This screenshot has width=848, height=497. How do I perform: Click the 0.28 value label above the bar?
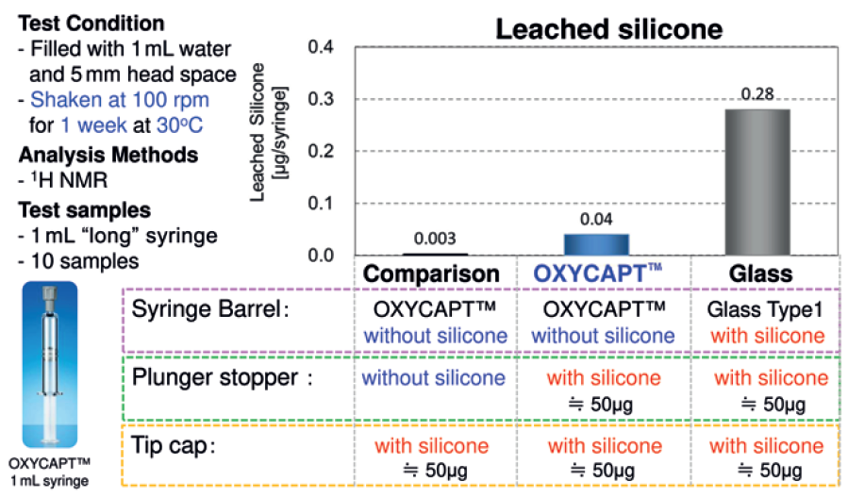click(757, 94)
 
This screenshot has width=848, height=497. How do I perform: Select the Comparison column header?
click(431, 273)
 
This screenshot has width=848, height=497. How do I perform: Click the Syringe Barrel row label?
click(210, 310)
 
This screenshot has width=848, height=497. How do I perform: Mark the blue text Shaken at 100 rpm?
click(120, 99)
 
